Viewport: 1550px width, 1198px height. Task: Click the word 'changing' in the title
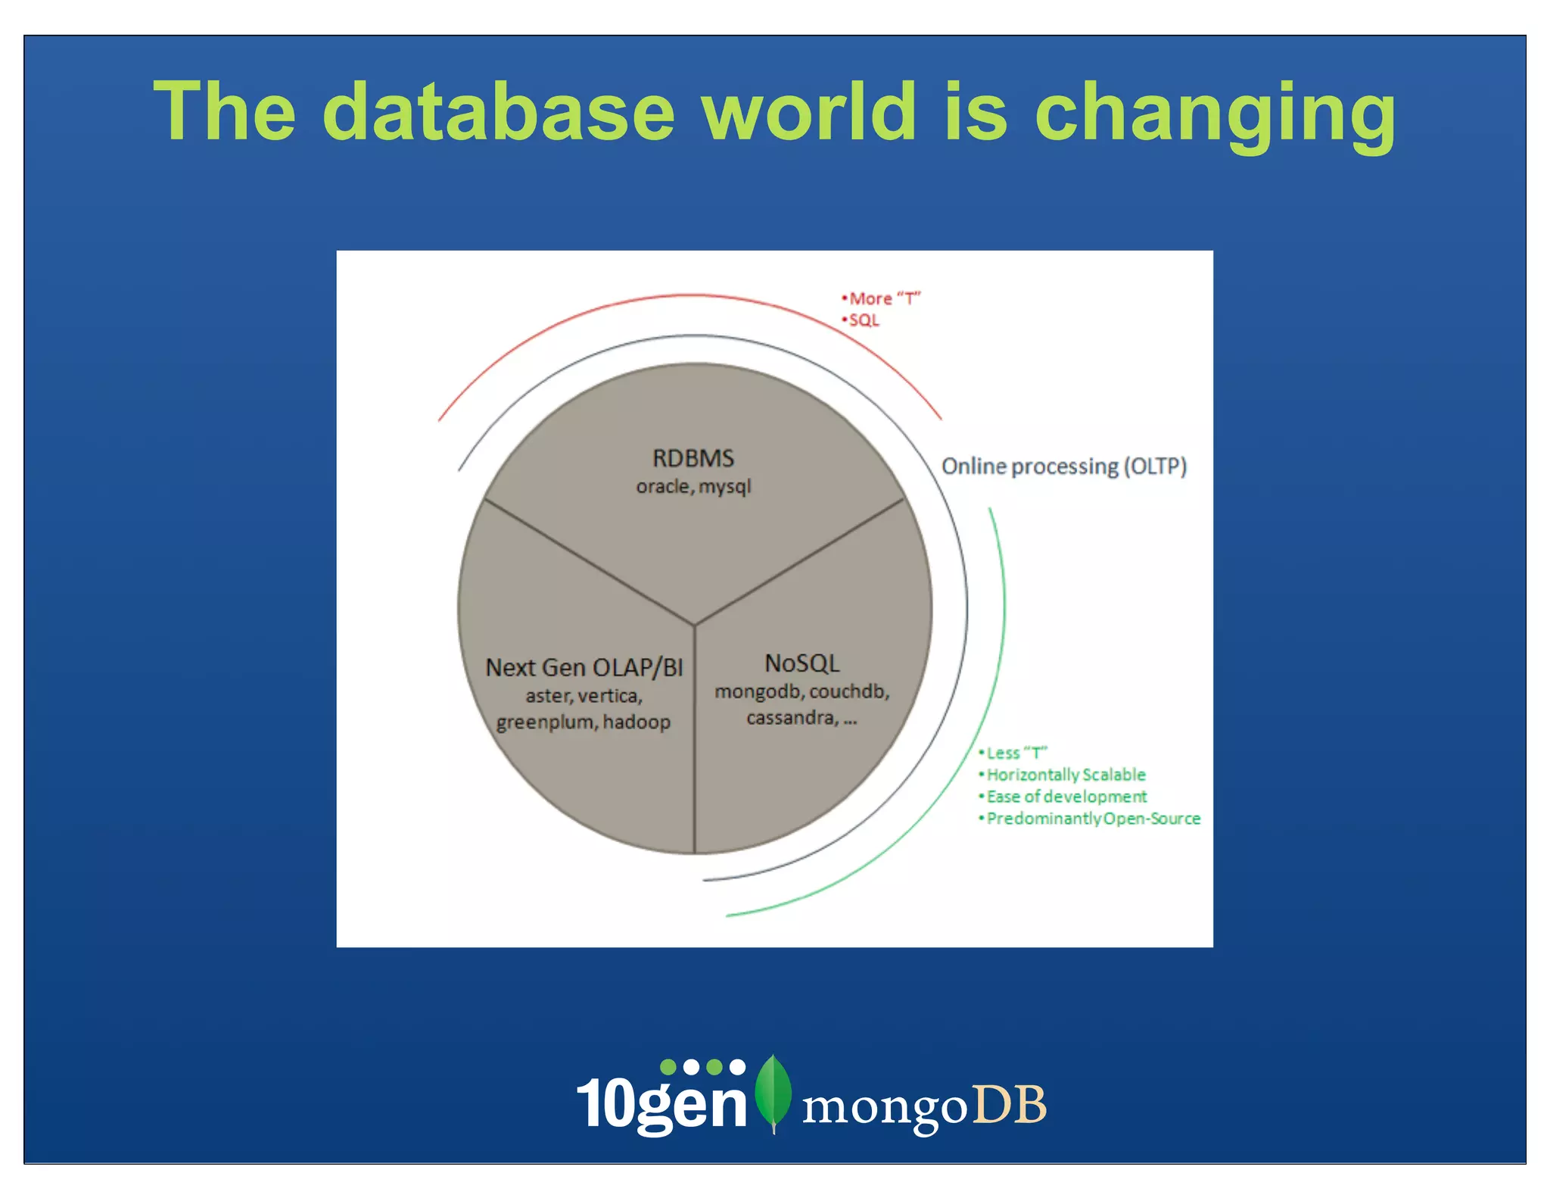coord(1214,114)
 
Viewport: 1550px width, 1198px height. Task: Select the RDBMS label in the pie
coord(693,458)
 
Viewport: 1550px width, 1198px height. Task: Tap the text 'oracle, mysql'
coord(693,486)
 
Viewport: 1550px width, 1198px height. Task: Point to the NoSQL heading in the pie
coord(802,663)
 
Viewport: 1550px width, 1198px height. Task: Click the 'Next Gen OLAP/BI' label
coord(584,667)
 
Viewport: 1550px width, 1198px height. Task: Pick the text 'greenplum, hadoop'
coord(584,722)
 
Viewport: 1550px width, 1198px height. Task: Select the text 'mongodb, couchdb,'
coord(802,691)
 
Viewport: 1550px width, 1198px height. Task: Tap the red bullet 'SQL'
coord(864,320)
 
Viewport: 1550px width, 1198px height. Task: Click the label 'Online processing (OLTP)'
coord(1063,466)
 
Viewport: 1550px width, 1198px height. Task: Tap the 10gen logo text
coord(662,1103)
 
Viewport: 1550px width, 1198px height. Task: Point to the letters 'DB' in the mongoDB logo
coord(1009,1105)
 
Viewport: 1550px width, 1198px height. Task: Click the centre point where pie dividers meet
coord(695,625)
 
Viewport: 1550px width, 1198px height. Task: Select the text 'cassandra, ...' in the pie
coord(801,718)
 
